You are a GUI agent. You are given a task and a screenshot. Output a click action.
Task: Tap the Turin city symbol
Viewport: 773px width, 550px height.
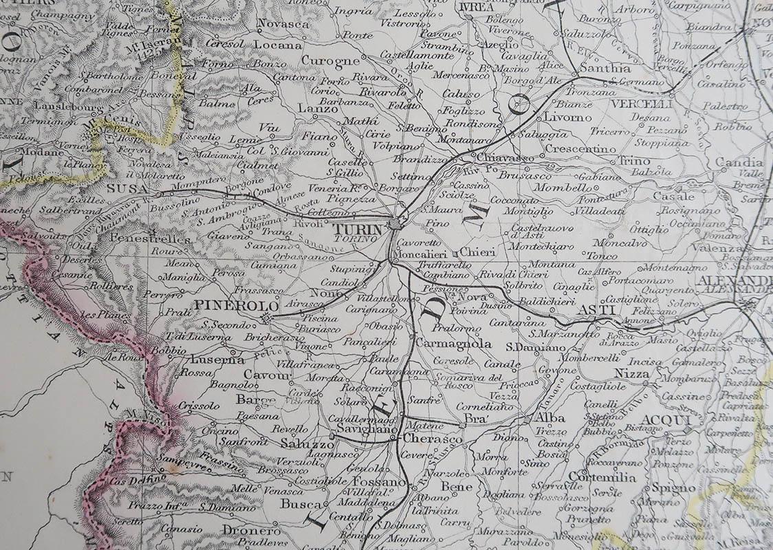point(394,224)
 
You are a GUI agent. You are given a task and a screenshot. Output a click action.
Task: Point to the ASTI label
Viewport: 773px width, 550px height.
point(595,310)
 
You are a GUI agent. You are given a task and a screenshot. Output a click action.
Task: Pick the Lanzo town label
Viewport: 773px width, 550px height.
point(312,108)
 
